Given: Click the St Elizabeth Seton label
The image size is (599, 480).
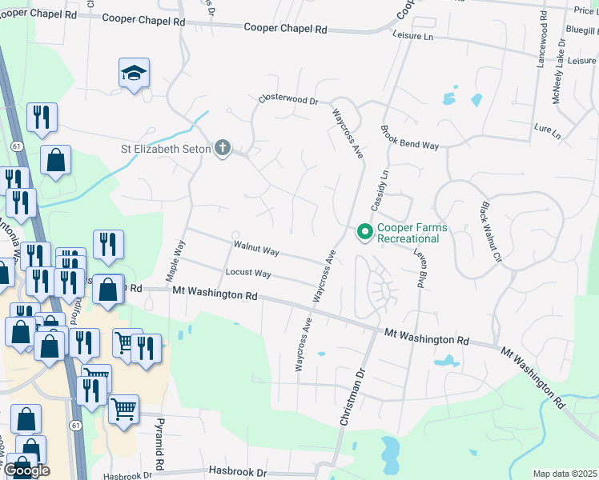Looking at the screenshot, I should click(165, 148).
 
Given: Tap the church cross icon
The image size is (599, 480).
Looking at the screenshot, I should click(223, 148).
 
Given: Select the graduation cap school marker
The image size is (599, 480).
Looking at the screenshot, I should click(133, 74).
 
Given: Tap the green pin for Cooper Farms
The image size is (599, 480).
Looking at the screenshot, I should click(364, 233).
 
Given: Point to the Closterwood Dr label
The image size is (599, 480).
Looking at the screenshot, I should click(288, 102).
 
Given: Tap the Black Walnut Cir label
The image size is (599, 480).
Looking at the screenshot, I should click(490, 232).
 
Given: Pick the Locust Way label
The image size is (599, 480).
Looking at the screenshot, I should click(248, 274).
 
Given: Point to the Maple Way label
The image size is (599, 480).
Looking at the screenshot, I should click(175, 259).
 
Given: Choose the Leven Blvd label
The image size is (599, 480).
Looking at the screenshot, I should click(418, 266).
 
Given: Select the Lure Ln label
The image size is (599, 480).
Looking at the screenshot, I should click(547, 130).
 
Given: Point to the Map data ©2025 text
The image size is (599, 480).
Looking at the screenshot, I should click(565, 474).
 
